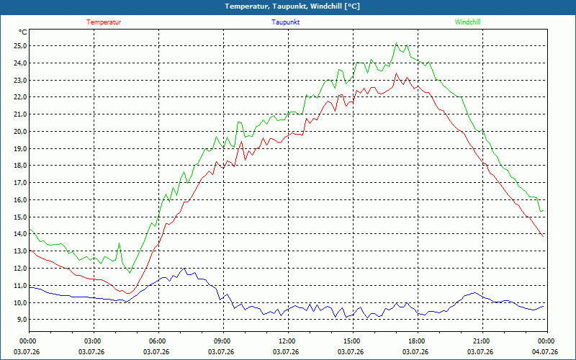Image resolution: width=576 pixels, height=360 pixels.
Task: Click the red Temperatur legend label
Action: (104, 22)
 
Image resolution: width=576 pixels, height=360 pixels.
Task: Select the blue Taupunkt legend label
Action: (285, 22)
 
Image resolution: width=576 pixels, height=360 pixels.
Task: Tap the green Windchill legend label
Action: (467, 22)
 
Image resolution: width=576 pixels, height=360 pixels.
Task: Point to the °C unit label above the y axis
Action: (23, 32)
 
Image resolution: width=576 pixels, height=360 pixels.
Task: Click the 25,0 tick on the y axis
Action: (20, 46)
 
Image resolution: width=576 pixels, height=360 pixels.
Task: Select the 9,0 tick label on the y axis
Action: (22, 320)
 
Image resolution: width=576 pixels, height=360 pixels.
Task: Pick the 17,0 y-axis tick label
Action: (20, 183)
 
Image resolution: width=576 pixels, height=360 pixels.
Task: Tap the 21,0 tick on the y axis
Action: (20, 114)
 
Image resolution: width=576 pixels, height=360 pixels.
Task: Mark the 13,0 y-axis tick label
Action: (20, 251)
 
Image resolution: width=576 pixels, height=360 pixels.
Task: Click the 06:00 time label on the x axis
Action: (158, 341)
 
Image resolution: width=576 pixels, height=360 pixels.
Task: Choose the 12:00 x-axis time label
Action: (288, 341)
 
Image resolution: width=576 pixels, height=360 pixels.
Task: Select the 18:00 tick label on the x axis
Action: (418, 341)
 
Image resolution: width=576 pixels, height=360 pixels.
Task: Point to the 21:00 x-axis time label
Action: (482, 341)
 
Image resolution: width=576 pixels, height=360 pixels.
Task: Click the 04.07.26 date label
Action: (545, 352)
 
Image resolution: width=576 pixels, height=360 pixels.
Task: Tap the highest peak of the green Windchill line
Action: (396, 43)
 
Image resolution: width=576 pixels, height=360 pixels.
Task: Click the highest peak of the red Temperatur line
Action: (396, 73)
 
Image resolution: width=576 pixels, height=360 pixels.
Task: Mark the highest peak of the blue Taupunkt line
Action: (184, 268)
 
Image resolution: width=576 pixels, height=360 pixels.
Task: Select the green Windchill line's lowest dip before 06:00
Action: (130, 273)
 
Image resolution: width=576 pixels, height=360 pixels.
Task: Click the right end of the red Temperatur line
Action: (543, 237)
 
